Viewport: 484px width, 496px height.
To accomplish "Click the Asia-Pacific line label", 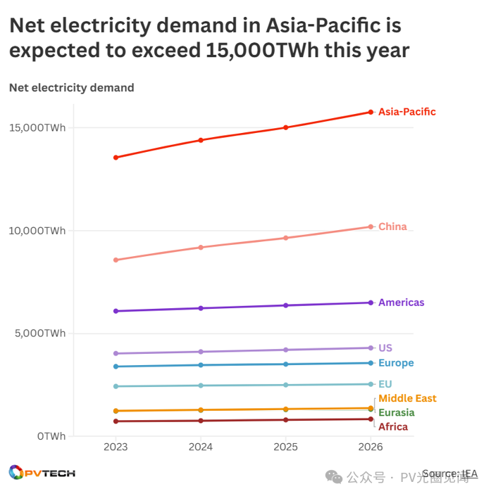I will [407, 112].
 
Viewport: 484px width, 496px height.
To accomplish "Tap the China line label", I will [392, 227].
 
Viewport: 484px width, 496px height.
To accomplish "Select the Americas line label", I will [401, 303].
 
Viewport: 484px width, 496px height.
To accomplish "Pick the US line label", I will [385, 348].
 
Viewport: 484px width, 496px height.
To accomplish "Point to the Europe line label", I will [396, 363].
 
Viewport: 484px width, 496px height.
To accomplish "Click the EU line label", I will [385, 384].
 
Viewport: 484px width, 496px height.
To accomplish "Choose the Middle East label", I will [407, 399].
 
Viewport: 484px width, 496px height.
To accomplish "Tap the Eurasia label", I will [396, 412].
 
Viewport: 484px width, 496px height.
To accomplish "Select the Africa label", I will [393, 426].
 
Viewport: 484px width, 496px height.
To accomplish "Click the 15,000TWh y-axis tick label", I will [37, 127].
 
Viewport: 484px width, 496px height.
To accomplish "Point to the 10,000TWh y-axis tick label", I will [37, 231].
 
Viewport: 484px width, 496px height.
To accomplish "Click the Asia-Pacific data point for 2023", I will [116, 158].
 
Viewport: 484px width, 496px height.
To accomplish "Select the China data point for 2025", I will [285, 238].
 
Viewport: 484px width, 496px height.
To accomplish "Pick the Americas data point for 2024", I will [201, 308].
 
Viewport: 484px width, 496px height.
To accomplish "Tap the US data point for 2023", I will [116, 353].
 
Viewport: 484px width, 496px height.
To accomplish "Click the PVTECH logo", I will [42, 473].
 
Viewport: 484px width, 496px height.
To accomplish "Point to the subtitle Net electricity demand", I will [71, 88].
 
